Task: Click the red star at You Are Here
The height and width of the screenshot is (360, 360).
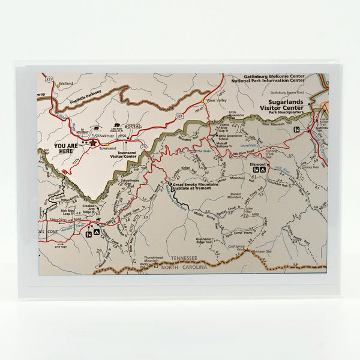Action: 93,143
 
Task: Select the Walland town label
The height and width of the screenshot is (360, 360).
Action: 66,83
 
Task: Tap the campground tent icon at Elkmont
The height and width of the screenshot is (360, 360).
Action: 263,170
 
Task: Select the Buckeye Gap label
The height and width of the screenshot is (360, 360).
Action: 263,252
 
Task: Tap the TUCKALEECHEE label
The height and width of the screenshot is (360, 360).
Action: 96,135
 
